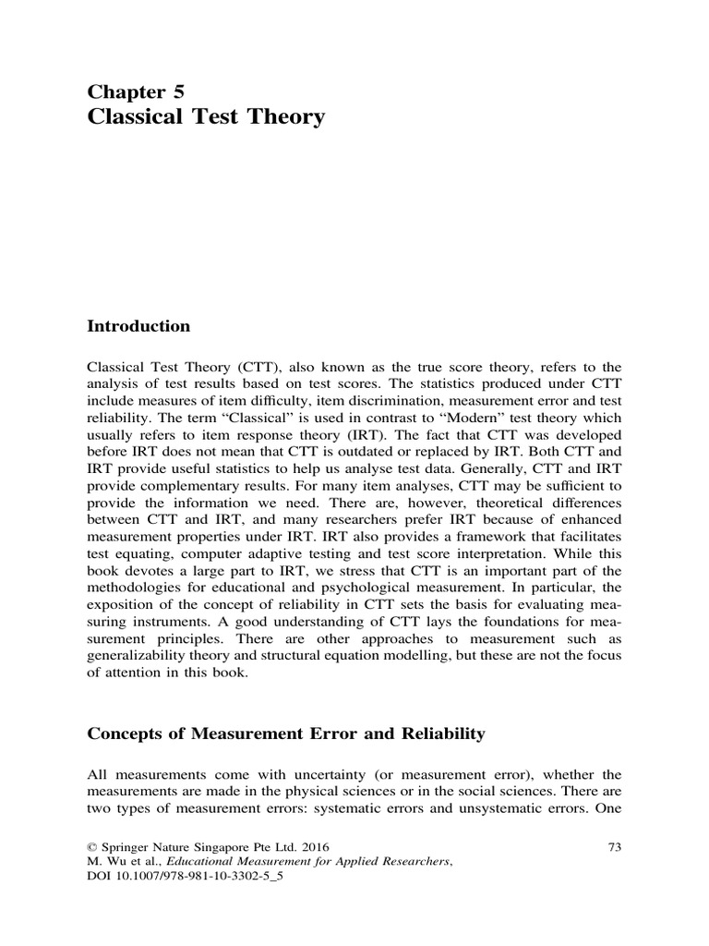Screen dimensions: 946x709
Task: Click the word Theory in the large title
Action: tap(282, 118)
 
